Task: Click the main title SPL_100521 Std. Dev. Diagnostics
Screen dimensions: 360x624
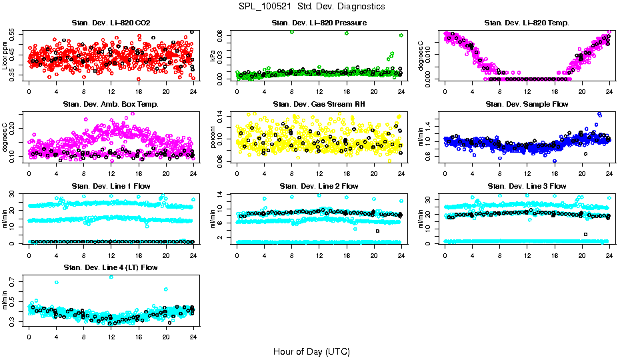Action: pos(311,7)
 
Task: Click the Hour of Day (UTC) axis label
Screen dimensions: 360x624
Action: pos(311,351)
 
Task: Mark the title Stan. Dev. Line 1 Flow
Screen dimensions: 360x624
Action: pos(111,186)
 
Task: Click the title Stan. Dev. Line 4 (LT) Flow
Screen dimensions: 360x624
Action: pos(111,267)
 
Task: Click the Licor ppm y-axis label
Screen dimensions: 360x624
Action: pos(5,56)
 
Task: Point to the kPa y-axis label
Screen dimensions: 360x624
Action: pos(213,56)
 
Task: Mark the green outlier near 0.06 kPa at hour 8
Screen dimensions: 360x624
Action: pos(291,32)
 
